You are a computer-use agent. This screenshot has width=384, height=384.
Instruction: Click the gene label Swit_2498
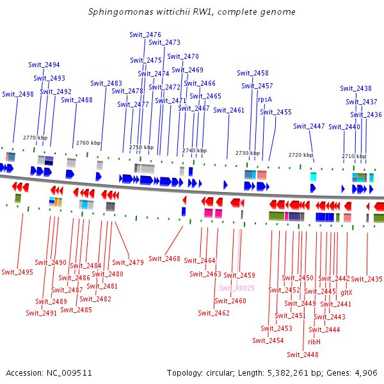click(18, 94)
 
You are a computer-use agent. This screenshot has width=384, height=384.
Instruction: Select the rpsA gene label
click(264, 99)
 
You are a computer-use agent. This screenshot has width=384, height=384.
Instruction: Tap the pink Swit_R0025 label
click(237, 288)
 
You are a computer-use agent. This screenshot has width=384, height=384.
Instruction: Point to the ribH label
click(314, 342)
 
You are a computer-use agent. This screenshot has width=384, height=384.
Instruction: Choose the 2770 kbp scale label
click(35, 138)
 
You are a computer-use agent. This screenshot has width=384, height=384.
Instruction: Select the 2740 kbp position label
click(194, 150)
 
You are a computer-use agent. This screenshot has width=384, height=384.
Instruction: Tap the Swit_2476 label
click(145, 34)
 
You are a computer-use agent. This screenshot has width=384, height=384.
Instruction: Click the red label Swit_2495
click(17, 272)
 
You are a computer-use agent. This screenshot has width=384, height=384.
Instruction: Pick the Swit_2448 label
click(303, 355)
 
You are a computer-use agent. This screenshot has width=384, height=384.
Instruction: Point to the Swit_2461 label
click(228, 110)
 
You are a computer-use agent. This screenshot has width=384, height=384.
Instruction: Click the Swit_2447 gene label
click(309, 126)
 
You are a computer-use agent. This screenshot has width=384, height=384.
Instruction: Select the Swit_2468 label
click(164, 259)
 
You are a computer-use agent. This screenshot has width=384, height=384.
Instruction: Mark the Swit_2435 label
click(367, 279)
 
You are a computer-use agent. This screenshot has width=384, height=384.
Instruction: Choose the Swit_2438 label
click(356, 88)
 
